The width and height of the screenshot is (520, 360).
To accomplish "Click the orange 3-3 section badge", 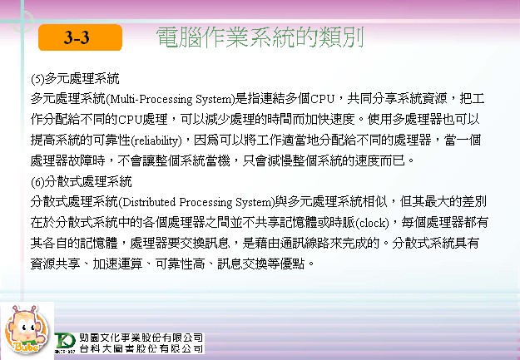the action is (x=80, y=37).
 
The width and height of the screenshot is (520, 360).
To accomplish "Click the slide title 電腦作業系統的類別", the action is (x=260, y=37).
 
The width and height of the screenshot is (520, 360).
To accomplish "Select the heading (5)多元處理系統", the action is (x=75, y=79).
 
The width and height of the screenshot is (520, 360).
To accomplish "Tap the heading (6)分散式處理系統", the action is (x=82, y=181).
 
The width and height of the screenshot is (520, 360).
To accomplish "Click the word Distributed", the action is (x=149, y=202).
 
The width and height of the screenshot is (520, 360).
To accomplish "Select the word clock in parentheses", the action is (x=373, y=223).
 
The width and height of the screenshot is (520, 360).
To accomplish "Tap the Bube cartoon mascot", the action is (x=25, y=329).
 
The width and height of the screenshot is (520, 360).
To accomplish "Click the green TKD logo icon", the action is (x=66, y=342).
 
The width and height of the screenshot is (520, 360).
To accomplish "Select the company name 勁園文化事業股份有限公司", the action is (x=141, y=338).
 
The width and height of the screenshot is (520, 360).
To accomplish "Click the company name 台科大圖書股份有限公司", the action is (x=141, y=348).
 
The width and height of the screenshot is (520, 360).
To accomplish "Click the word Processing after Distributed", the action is (x=206, y=202).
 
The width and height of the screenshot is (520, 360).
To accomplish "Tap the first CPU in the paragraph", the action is (x=322, y=99).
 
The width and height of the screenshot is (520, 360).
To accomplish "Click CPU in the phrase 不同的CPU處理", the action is (x=130, y=120).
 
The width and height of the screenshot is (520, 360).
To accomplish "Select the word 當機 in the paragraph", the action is (x=217, y=161).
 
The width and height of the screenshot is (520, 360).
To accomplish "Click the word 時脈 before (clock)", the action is (x=342, y=223).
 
